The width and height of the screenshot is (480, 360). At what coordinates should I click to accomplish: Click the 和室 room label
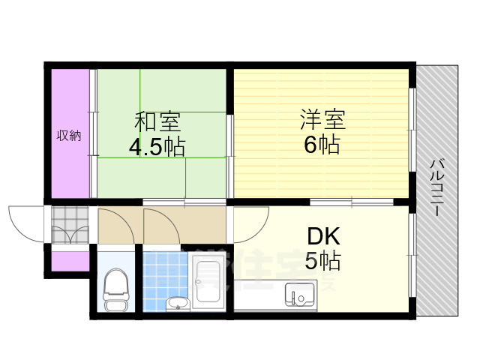[157, 120]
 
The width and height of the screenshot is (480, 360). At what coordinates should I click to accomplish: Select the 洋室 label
[323, 118]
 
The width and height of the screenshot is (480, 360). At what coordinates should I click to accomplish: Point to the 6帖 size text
[322, 144]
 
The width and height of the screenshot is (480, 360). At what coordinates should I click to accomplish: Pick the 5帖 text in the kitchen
[322, 262]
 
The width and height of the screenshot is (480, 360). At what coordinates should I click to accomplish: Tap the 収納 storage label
[69, 136]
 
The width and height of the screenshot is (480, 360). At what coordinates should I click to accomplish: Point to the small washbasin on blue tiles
[178, 302]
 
